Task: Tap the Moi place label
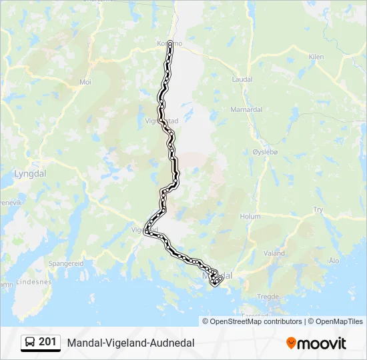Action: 85,82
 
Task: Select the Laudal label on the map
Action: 242,79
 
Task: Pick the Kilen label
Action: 316,57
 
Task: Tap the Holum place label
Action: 250,216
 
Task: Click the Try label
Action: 318,209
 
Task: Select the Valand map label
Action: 274,253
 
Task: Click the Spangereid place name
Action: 66,263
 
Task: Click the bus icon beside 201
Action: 31,343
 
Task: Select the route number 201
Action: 48,342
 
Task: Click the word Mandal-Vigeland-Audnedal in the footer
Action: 131,343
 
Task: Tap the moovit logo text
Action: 322,343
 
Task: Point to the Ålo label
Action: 334,261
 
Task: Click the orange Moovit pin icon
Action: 291,343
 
